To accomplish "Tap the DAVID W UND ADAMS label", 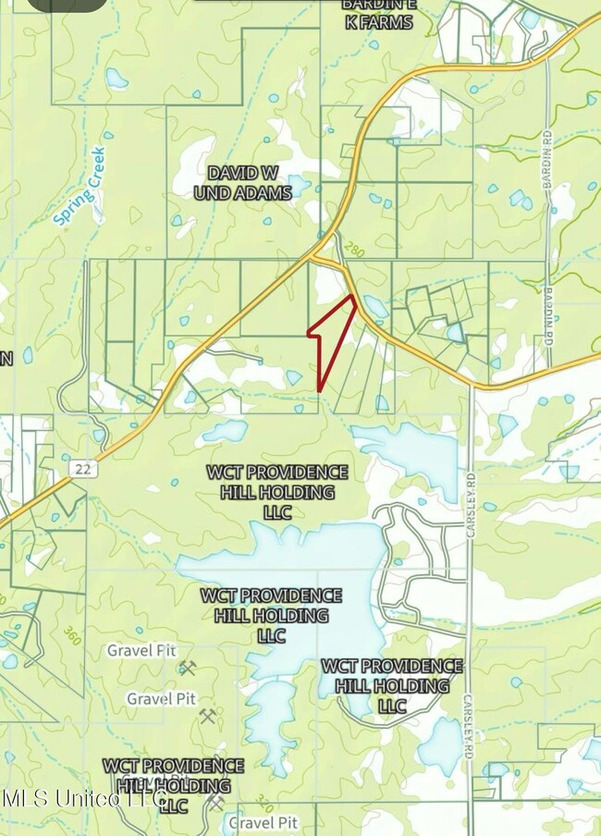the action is coord(242,182).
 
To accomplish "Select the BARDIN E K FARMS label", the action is coord(376,14).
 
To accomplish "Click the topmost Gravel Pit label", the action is coord(141,650).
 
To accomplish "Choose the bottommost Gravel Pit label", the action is coord(264,821).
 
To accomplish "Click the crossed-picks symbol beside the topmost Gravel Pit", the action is coord(188,668).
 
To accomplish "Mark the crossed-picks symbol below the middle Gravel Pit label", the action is coord(207,716).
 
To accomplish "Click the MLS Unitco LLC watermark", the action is coord(83,797).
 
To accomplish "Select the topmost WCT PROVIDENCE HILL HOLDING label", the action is coord(277,492).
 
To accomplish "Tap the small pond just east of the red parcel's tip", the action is coord(374,304).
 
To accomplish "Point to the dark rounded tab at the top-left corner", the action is coord(67,5).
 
